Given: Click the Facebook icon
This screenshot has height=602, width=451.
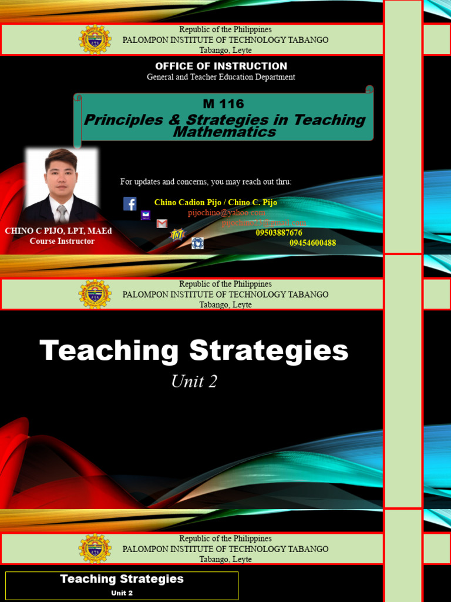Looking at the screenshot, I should coord(130,203).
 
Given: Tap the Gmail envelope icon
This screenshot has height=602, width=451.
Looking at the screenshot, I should coord(162,223).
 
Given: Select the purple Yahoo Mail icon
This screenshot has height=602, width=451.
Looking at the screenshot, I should coord(146,215).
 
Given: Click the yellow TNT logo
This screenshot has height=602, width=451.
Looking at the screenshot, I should coord(177,235).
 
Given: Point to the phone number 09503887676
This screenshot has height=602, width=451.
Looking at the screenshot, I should coord(279,233).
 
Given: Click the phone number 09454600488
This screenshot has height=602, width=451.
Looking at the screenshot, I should coord(312,243).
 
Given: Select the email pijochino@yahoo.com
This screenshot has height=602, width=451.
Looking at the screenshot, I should coord(227,213).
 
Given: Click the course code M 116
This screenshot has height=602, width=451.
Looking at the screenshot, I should coord(223,104).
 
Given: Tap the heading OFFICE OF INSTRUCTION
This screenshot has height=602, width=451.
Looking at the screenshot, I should coord(221,66).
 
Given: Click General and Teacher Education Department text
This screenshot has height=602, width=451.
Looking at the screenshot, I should coord(221,77).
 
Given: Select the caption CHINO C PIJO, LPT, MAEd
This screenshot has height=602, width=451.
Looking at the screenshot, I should coord(58,231).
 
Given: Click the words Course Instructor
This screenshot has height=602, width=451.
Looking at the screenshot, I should coord(62,241).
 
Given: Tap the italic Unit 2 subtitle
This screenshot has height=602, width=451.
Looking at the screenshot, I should coord(194,382).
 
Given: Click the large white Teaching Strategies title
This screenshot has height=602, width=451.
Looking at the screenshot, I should coord(194,351).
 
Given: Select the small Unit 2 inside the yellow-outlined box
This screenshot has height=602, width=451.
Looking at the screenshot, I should coord(122,593).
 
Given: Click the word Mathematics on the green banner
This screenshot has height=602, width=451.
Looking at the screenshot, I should coord(224,132).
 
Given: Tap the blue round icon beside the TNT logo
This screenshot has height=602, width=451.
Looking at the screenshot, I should coord(197,243).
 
